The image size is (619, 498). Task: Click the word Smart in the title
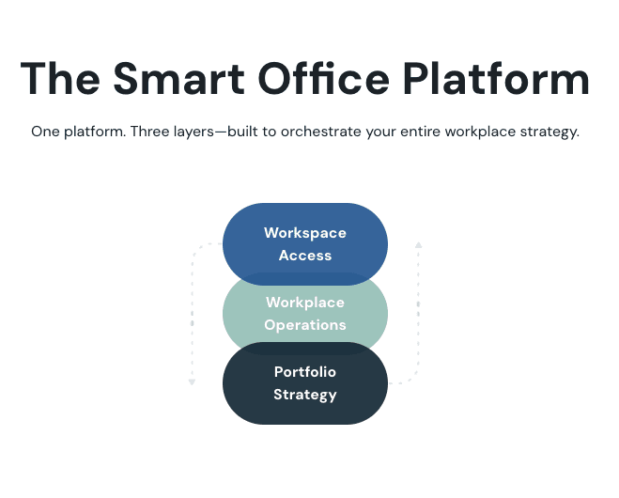(178, 79)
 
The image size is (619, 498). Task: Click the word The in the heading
(59, 79)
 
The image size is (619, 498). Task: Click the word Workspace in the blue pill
(305, 233)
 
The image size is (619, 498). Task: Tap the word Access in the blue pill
(305, 256)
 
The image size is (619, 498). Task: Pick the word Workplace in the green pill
(305, 303)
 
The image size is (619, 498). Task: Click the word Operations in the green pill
(305, 325)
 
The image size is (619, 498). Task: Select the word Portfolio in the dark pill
(305, 372)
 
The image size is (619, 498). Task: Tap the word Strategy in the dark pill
(305, 395)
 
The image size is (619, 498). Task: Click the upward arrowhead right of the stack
(419, 245)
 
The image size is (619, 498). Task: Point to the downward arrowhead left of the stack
(192, 382)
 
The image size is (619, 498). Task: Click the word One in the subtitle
(43, 132)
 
